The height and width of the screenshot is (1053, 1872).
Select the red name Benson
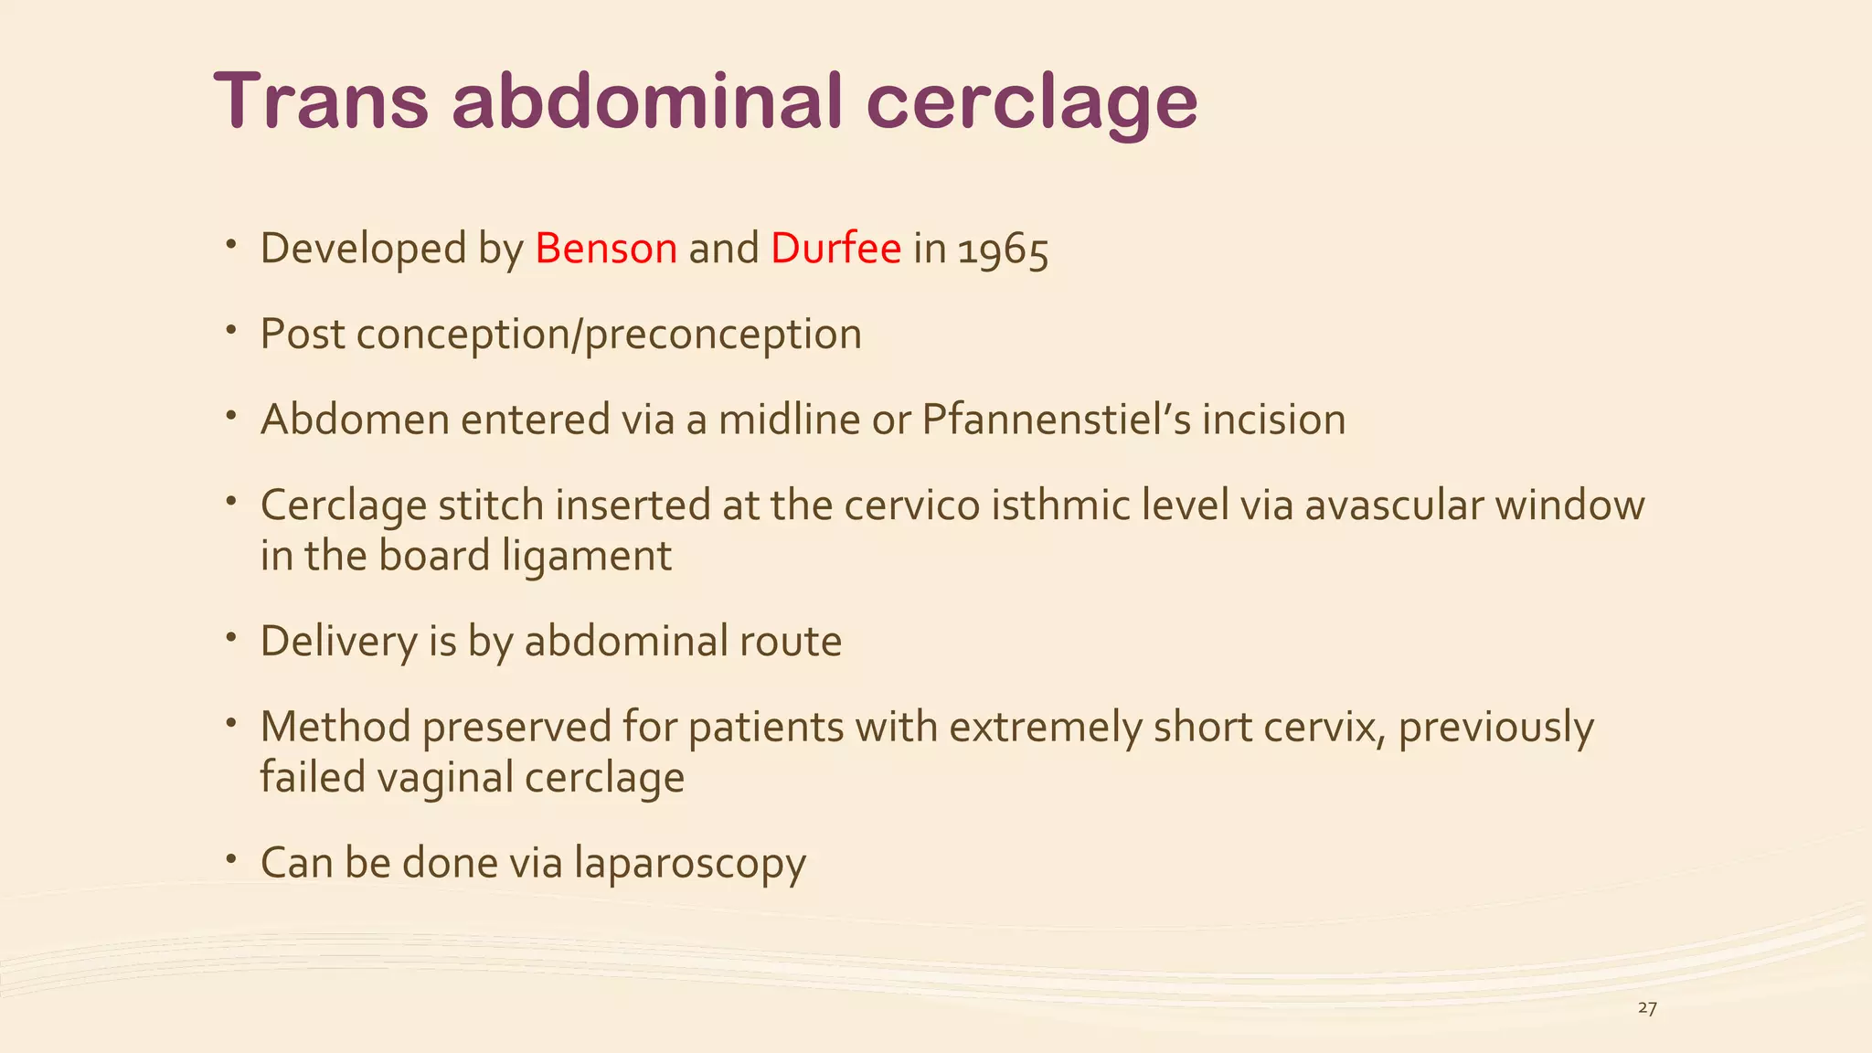click(x=606, y=249)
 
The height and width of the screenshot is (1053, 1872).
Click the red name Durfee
click(x=835, y=249)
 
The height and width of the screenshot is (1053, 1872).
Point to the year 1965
click(x=1003, y=250)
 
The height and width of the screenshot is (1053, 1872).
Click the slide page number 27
click(x=1647, y=1008)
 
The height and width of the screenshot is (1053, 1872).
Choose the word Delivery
click(x=338, y=641)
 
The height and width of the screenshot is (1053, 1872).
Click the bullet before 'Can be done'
click(x=233, y=858)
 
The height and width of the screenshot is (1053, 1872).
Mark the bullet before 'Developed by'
click(x=233, y=244)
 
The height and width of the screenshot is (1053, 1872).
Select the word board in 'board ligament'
click(x=434, y=556)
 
